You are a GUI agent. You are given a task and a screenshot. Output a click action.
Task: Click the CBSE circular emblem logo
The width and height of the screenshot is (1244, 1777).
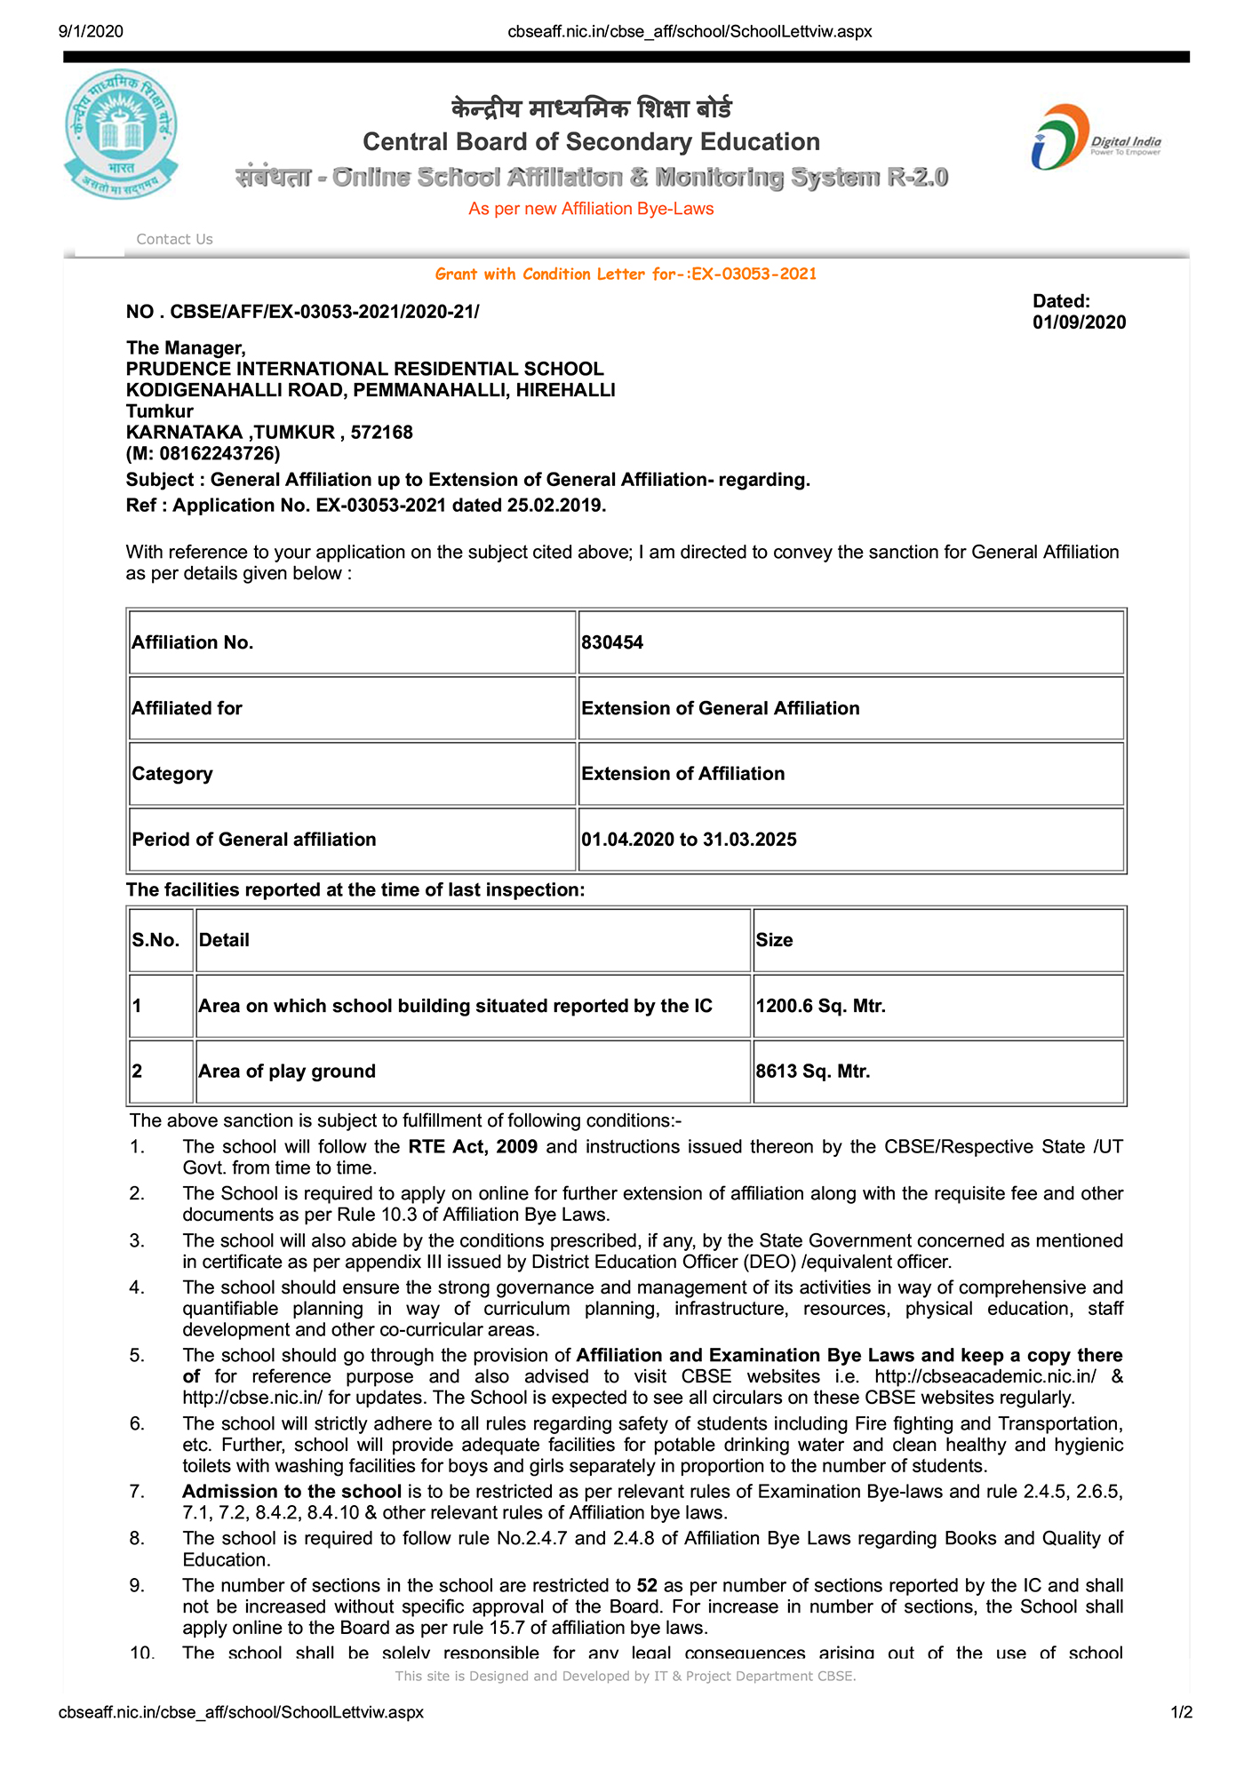point(121,134)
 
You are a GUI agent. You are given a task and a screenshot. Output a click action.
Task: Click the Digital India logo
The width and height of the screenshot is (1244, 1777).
point(1095,138)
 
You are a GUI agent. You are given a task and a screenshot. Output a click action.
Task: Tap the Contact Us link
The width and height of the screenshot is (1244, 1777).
point(174,239)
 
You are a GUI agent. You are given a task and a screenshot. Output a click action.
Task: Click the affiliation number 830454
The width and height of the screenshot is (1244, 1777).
point(612,642)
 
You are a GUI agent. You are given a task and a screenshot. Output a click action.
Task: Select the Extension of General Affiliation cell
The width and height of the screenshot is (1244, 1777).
point(720,708)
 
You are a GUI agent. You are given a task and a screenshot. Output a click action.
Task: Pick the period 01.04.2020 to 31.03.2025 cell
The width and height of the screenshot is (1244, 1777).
point(689,840)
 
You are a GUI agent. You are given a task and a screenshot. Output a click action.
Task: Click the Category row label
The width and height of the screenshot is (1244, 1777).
point(172,774)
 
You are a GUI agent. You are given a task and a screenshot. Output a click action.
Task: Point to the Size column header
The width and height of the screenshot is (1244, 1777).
point(774,940)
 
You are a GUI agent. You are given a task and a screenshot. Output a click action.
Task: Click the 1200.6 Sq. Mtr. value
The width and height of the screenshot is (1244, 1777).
point(820,1006)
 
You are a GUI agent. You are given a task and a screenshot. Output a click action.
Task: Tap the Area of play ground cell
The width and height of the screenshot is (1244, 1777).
point(287,1072)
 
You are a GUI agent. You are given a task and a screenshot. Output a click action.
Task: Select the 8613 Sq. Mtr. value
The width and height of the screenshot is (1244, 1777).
point(812,1072)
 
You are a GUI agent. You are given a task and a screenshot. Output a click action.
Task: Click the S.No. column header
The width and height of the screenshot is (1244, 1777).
point(156,940)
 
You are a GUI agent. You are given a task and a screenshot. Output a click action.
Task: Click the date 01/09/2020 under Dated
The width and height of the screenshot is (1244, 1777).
point(1079,323)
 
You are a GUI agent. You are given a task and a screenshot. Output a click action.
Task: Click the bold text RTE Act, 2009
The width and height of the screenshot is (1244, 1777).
point(473,1147)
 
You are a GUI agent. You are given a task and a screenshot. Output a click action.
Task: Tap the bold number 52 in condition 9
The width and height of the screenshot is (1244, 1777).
point(647,1586)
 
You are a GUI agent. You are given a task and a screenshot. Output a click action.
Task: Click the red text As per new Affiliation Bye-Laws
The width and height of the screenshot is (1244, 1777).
point(591,209)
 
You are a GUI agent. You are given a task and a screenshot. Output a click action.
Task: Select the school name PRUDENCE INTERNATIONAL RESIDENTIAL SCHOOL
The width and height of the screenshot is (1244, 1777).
point(364,369)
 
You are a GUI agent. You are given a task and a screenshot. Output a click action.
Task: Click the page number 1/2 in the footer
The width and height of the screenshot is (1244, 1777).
point(1181,1712)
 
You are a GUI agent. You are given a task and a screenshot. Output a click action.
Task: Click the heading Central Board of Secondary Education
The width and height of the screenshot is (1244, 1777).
point(591,142)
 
